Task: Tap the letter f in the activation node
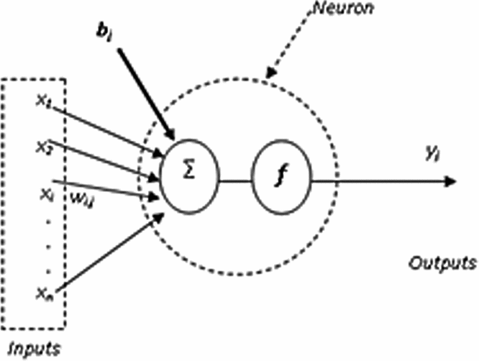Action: tap(280, 179)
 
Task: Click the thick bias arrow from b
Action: tap(144, 91)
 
